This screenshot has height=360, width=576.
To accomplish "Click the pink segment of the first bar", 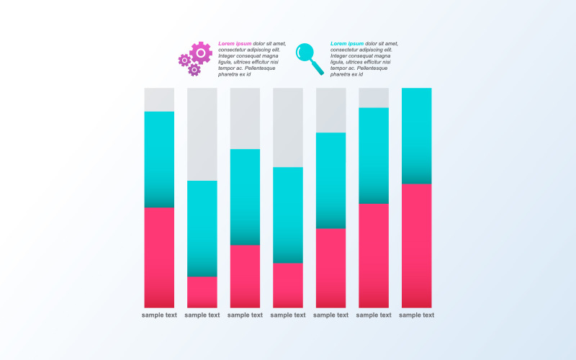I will tap(159, 257).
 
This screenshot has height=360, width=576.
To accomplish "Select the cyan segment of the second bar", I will tap(202, 228).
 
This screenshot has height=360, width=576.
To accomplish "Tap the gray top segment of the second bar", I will tap(202, 134).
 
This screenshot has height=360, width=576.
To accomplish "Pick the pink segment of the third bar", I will tap(245, 276).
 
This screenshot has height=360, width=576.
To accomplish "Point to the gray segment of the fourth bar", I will tap(288, 127).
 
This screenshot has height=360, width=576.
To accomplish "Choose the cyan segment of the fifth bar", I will tap(330, 180).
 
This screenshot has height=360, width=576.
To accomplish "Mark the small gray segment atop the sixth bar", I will tap(374, 98).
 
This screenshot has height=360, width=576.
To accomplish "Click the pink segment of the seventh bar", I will tap(416, 246).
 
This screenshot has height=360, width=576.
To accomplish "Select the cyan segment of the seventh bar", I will tap(416, 135).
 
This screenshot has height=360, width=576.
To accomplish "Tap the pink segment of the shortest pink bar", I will tap(202, 292).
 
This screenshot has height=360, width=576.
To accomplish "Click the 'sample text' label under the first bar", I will tap(159, 315).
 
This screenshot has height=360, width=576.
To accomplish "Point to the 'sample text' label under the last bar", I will tap(416, 315).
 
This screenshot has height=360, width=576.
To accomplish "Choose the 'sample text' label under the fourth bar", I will tap(288, 315).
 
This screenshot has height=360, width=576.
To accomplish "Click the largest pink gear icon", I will tap(201, 53).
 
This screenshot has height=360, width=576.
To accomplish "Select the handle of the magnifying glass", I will tap(318, 68).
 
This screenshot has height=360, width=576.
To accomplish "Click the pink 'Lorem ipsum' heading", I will tap(235, 43).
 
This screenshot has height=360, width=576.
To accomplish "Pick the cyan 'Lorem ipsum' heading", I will tap(347, 43).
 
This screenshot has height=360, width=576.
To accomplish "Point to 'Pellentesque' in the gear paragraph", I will tap(261, 68).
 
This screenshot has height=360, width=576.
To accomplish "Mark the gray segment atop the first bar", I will tap(159, 99).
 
